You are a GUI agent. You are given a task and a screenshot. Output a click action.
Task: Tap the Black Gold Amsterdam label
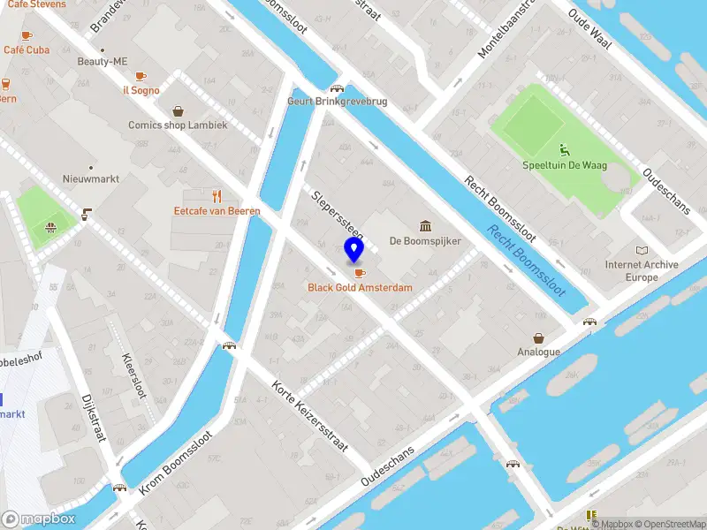(x=360, y=288)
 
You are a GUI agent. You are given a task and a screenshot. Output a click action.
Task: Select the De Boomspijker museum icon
(x=425, y=225)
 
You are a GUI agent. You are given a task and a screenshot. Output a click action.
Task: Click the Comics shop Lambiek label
(x=178, y=125)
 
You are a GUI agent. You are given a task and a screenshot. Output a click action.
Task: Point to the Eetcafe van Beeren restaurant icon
(x=217, y=195)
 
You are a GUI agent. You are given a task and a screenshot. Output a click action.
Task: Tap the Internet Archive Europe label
(x=642, y=271)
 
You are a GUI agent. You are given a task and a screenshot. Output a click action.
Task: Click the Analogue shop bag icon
(x=538, y=337)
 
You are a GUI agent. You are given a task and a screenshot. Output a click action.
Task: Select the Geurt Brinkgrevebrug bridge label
(x=337, y=102)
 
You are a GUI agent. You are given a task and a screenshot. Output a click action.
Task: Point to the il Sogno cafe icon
(x=141, y=76)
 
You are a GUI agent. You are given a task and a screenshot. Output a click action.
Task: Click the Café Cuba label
(x=27, y=50)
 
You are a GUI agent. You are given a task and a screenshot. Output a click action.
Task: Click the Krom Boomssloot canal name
(x=176, y=463)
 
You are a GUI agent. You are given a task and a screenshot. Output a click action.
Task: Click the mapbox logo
(x=38, y=519)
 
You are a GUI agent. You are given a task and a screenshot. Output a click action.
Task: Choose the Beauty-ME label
(x=103, y=62)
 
